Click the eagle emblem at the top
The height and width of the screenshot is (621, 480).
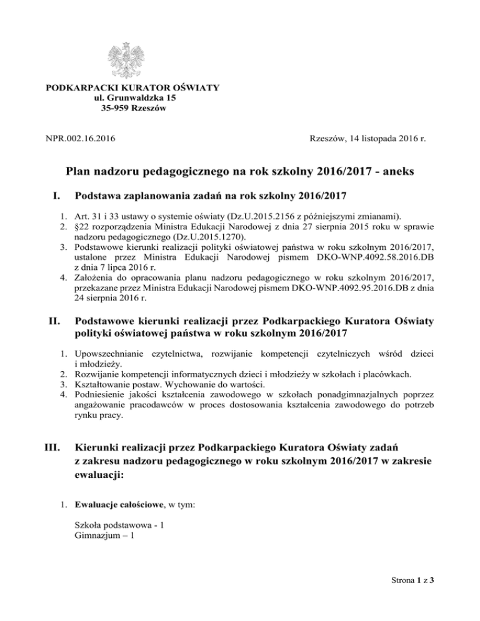click(x=133, y=59)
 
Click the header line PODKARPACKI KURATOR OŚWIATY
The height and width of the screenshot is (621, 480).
click(x=133, y=87)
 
